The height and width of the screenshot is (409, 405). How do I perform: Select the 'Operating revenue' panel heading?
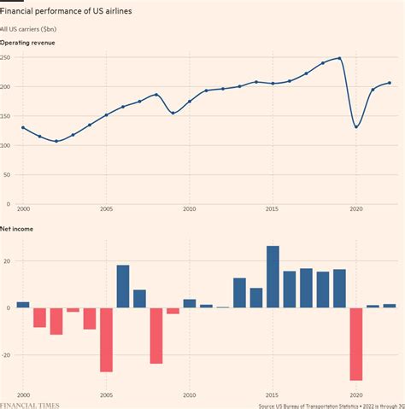click(28, 42)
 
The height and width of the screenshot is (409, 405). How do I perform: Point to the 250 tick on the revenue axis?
click(6, 57)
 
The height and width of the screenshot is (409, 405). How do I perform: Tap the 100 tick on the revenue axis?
click(6, 145)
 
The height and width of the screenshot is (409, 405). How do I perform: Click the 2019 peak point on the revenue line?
click(339, 58)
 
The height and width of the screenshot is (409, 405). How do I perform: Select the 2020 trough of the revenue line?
click(356, 127)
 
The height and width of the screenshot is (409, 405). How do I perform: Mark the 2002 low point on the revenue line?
click(56, 141)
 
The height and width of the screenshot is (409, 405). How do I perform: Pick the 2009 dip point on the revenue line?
click(173, 113)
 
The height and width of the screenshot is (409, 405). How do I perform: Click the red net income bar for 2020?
click(356, 343)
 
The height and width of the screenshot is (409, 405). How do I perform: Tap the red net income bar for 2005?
click(106, 339)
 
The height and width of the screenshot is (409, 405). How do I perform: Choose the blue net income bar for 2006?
click(123, 286)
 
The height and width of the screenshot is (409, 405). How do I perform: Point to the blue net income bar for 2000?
click(23, 304)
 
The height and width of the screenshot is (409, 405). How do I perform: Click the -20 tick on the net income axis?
click(6, 354)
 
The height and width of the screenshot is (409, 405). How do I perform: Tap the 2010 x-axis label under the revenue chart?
click(190, 208)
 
